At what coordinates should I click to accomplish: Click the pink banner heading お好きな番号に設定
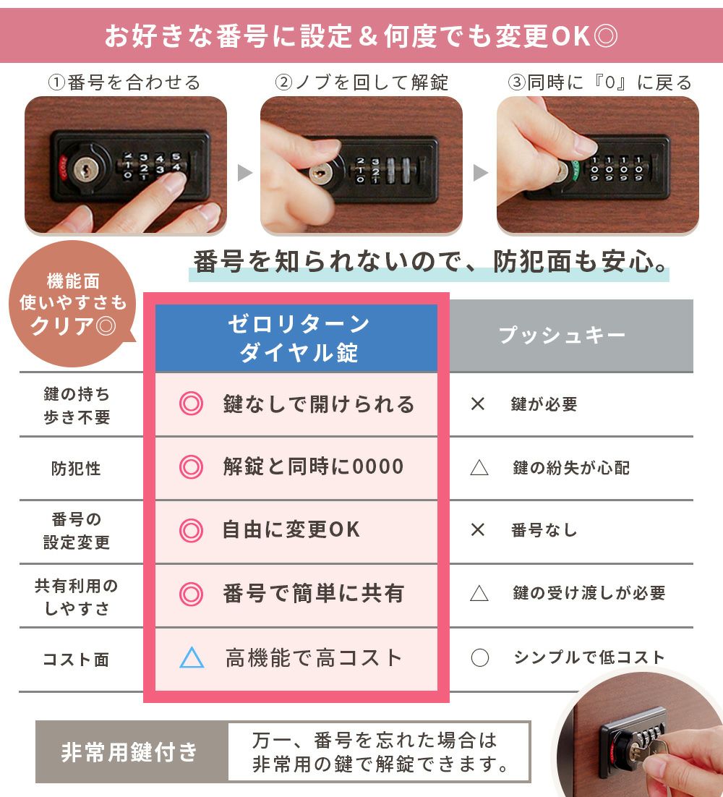pyautogui.click(x=361, y=36)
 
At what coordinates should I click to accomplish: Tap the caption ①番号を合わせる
pyautogui.click(x=124, y=82)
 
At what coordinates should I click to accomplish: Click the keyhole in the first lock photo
pyautogui.click(x=84, y=169)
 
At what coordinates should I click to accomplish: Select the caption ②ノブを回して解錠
pyautogui.click(x=361, y=82)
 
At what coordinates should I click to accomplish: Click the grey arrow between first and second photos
pyautogui.click(x=244, y=173)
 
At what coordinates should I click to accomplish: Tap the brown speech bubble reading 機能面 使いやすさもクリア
pyautogui.click(x=72, y=304)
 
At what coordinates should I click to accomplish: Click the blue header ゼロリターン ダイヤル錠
pyautogui.click(x=296, y=338)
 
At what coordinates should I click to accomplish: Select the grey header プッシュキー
pyautogui.click(x=572, y=336)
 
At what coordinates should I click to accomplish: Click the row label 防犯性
pyautogui.click(x=76, y=468)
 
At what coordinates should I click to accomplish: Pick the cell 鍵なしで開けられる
pyautogui.click(x=319, y=404)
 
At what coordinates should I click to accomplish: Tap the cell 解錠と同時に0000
pyautogui.click(x=313, y=466)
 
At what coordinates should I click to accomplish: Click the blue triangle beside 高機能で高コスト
pyautogui.click(x=192, y=657)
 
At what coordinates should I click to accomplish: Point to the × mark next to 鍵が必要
pyautogui.click(x=478, y=404)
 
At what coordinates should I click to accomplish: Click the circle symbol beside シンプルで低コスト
pyautogui.click(x=479, y=657)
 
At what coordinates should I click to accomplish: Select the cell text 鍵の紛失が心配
pyautogui.click(x=571, y=468)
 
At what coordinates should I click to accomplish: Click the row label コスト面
pyautogui.click(x=76, y=660)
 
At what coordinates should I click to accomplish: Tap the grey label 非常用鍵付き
pyautogui.click(x=129, y=751)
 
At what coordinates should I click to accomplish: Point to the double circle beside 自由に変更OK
pyautogui.click(x=191, y=530)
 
